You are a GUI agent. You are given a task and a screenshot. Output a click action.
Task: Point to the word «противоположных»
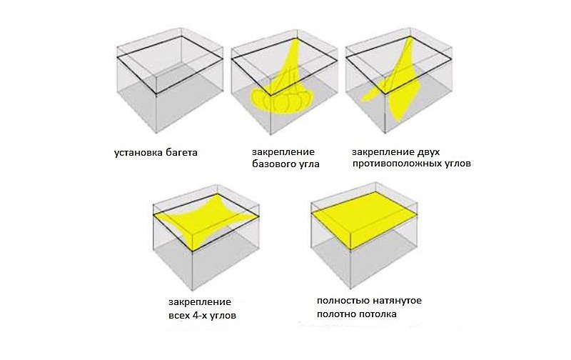tap(398, 164)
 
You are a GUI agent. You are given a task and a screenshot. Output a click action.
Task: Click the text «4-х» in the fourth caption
tap(199, 315)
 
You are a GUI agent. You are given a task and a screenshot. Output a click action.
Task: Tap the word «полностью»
tap(343, 301)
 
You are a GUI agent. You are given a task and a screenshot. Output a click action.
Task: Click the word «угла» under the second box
tap(309, 164)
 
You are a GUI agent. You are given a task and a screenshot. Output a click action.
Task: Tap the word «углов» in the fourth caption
tap(223, 316)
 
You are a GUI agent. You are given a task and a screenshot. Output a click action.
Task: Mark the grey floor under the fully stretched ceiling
tap(364, 255)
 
